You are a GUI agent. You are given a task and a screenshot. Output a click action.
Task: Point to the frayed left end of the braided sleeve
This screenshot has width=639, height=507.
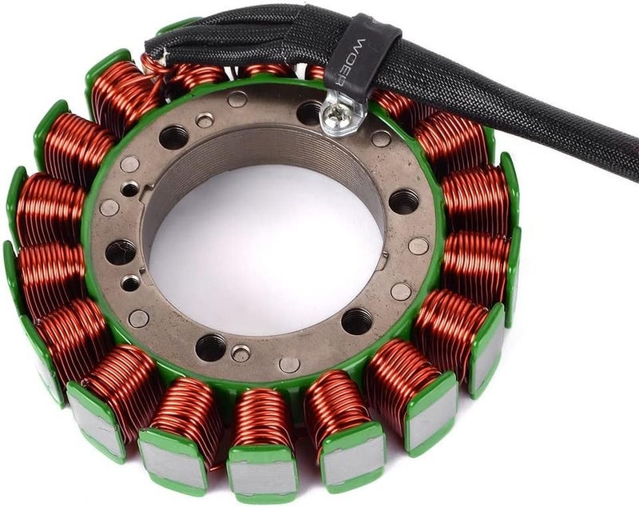coord(153,50)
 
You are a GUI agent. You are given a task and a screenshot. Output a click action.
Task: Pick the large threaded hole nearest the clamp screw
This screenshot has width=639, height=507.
coord(310,113)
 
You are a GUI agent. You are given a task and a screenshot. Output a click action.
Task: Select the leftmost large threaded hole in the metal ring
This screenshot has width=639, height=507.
coord(120,252)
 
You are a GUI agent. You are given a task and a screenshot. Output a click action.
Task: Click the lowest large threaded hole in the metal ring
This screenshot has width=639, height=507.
coord(211,347)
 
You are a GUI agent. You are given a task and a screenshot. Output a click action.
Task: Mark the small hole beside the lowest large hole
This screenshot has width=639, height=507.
coord(239,353)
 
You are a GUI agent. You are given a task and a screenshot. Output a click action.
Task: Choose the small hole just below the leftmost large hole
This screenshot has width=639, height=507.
coord(130,282)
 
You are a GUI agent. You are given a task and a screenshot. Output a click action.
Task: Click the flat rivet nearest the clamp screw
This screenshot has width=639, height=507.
coord(381,138)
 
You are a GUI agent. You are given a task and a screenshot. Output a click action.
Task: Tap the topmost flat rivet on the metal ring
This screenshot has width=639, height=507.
coord(237,99)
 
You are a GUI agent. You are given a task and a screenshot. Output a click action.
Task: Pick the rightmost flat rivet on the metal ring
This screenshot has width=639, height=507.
coord(419,246)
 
